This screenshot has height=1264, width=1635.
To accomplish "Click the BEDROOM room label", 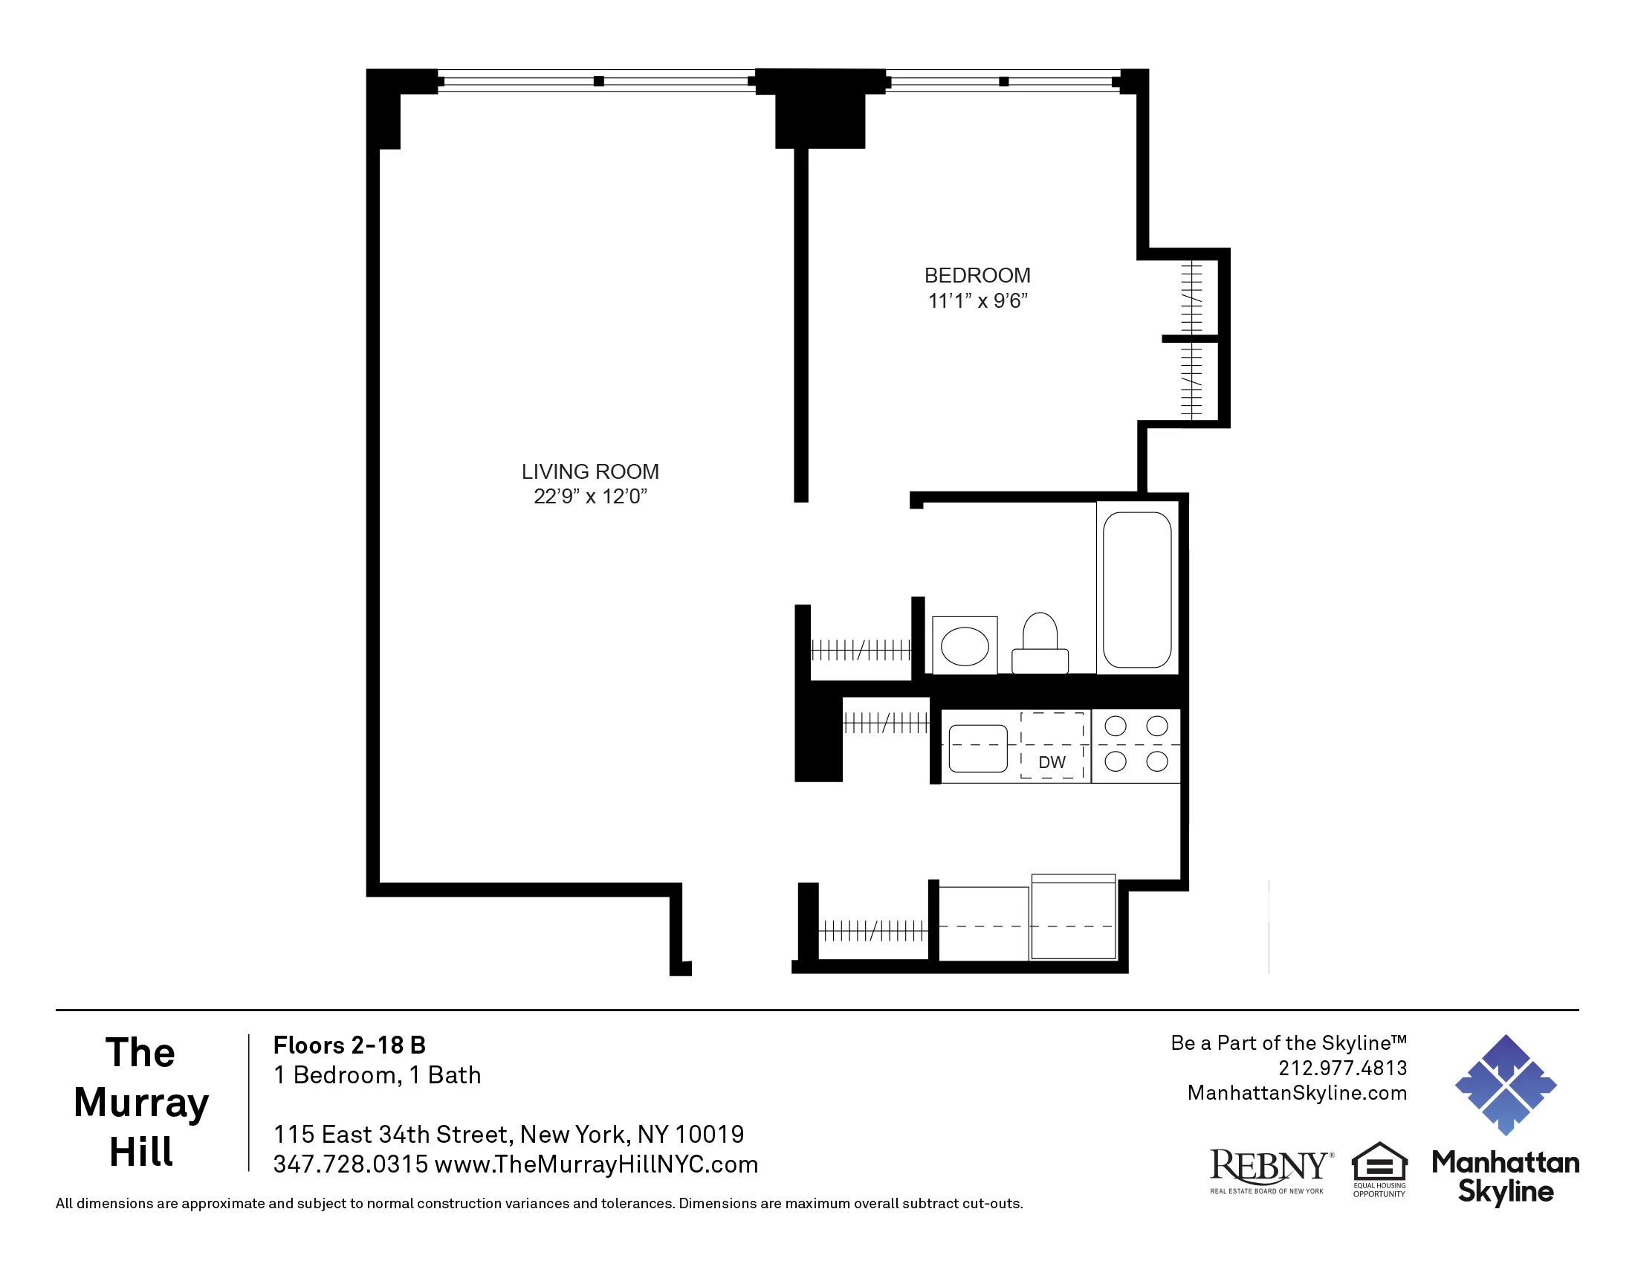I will coord(977,276).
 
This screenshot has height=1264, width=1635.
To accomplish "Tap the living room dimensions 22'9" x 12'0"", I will coord(590,497).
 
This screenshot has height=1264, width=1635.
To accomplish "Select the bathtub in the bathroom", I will coord(1136,590).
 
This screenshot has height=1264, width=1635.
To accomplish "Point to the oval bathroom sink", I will coord(964,646).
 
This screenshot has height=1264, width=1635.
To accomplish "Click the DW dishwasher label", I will coord(1052,762).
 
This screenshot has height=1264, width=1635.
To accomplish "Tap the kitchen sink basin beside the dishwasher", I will coord(978,748).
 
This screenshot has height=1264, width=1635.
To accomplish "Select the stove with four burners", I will coord(1136,745).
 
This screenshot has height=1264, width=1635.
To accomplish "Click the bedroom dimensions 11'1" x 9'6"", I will coord(977,301).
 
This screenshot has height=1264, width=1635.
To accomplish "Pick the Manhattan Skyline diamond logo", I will coord(1506,1085).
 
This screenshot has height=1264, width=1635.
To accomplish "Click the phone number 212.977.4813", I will coord(1342,1068).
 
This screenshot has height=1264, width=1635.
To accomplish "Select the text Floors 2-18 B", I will coord(349,1045).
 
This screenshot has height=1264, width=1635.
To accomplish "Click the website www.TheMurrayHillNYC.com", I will coord(596,1164).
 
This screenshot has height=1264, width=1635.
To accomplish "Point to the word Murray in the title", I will coord(140,1102).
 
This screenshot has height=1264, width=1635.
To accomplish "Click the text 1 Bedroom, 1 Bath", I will coord(378,1075).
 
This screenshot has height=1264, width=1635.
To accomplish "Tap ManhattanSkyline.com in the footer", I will coord(1297,1092).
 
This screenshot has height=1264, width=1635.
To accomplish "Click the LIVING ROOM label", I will coord(590,471).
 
